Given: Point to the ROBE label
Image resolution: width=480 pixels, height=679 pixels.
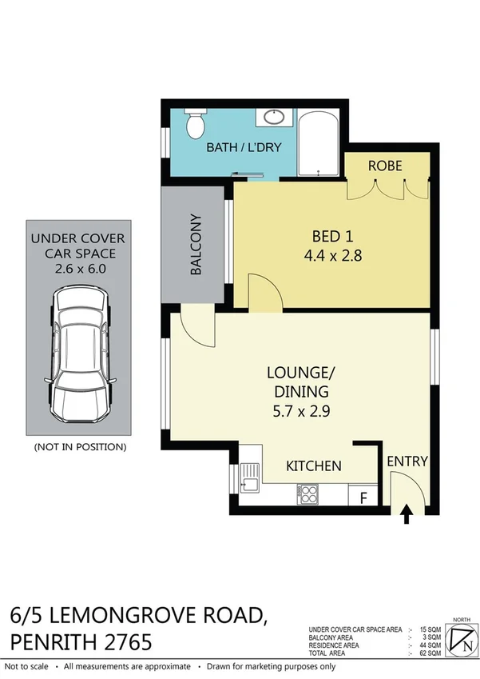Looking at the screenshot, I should point(384,166).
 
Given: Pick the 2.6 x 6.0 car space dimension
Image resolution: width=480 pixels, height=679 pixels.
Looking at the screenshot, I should point(78,269).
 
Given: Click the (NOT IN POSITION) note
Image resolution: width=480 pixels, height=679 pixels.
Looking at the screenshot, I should point(79,446).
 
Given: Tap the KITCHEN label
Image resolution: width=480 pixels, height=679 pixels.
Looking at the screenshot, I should point(314,465).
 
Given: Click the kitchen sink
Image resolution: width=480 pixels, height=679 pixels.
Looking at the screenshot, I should point(250,481).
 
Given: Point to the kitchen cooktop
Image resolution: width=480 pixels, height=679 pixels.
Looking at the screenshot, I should point(309,493).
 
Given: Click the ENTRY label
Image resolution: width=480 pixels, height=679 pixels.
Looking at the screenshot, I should point(407,461).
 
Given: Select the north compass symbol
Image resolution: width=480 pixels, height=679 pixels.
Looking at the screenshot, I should point(462,639).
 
